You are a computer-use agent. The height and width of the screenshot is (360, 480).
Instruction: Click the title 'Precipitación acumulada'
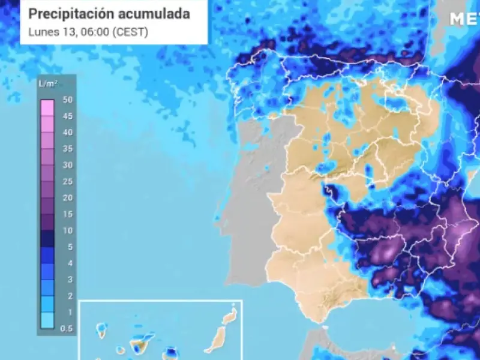tap(109, 14)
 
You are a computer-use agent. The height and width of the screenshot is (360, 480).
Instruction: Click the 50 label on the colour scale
tap(67, 100)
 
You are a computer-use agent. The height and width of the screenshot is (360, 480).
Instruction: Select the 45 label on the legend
tap(67, 116)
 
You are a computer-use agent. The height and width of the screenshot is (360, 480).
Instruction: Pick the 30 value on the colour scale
tap(67, 165)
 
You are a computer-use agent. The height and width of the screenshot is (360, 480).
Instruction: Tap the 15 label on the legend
tap(67, 214)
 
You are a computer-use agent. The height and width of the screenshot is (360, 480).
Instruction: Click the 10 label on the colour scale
tap(67, 230)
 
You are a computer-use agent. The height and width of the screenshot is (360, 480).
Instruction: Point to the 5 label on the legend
tap(69, 247)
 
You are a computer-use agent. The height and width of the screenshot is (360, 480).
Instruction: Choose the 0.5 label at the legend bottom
tap(66, 328)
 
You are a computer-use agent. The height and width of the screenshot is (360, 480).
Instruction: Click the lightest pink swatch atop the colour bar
tap(47, 108)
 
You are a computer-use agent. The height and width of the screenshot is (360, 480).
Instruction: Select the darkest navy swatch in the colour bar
tap(47, 239)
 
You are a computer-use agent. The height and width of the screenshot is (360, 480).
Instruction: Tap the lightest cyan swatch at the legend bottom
tap(47, 320)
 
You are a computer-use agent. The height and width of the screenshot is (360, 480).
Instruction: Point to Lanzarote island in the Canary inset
tap(230, 316)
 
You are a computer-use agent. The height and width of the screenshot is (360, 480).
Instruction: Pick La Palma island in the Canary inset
tap(100, 328)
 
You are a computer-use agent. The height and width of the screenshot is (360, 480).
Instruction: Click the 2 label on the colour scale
tap(69, 295)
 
